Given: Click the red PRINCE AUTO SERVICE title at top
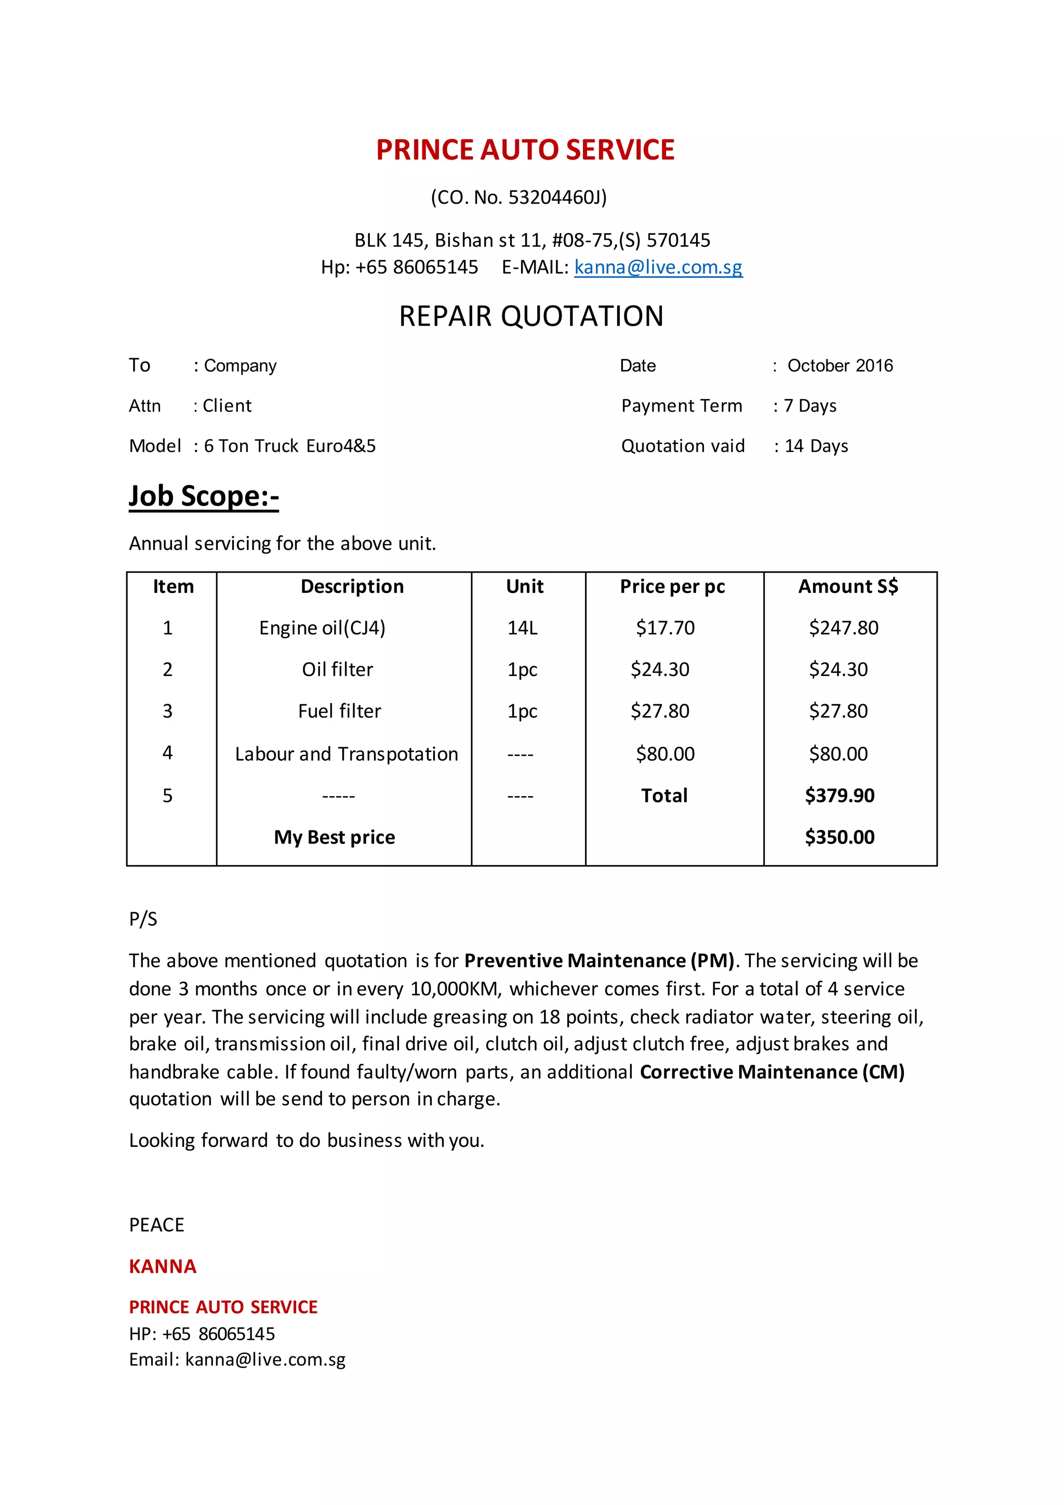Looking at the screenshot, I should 525,150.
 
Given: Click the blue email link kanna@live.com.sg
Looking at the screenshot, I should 658,268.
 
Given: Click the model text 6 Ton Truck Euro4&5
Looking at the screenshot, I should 289,446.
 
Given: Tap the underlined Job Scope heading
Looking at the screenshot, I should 204,496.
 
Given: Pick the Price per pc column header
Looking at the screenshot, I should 672,587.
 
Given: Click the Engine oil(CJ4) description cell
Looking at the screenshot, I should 322,628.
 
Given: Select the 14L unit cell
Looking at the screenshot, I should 522,628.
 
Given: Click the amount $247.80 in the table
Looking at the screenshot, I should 843,628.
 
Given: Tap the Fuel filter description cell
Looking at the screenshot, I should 339,711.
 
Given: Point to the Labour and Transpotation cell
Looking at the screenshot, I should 346,755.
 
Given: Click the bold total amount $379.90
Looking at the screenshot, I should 839,796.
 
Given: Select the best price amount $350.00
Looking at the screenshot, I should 839,838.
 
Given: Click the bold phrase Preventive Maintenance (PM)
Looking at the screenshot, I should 599,961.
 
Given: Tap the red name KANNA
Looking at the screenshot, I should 163,1266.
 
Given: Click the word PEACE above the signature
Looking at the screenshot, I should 156,1225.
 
